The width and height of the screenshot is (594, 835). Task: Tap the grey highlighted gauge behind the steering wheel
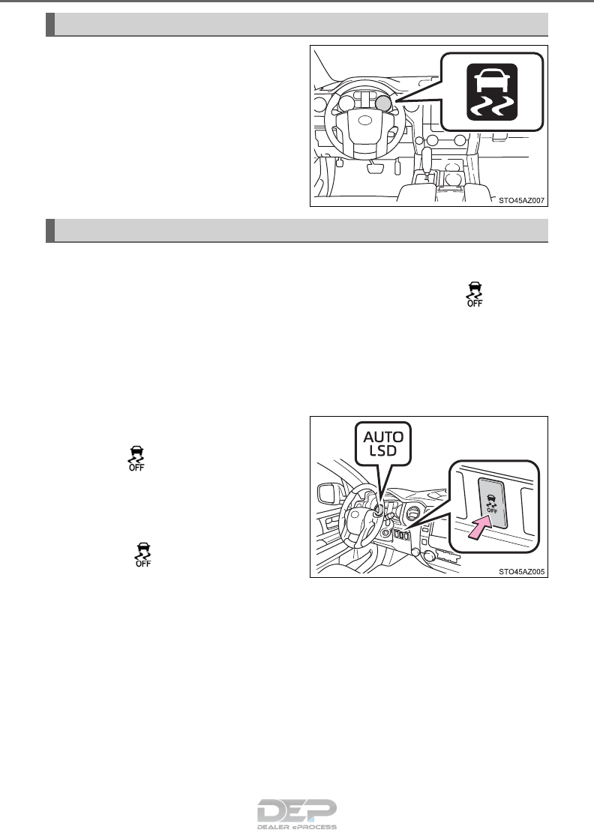(382, 103)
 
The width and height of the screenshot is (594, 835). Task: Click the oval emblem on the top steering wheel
(366, 120)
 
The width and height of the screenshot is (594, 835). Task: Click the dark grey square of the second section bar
(50, 229)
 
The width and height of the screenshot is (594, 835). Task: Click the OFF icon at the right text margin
(474, 294)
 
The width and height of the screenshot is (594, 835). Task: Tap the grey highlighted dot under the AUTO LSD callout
(379, 510)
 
